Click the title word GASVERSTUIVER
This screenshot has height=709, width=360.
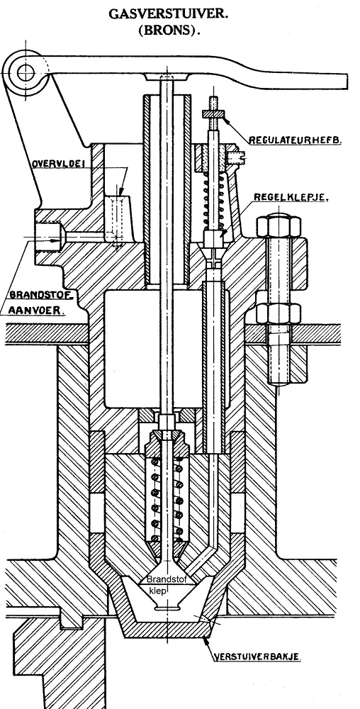[168, 14]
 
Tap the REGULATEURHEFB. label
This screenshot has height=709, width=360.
[296, 140]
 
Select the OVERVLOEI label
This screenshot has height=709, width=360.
[58, 163]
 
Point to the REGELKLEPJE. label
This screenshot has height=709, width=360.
[291, 198]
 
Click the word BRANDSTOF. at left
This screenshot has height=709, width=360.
[42, 294]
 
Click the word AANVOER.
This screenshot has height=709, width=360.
[37, 311]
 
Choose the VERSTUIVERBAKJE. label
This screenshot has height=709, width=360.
[256, 657]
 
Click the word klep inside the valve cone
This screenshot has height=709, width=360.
[158, 591]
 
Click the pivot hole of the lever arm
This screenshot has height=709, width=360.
[26, 72]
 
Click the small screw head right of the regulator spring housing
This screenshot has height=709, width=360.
[237, 158]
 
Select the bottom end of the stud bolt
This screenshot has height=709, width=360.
[279, 384]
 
